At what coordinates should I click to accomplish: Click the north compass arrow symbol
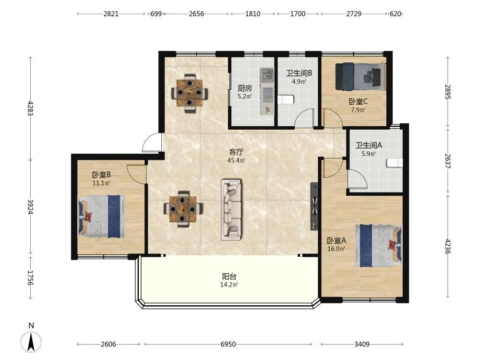pos(31,342)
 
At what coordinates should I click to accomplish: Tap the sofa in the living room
pos(231,210)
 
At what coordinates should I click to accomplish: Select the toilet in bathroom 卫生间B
pos(286,99)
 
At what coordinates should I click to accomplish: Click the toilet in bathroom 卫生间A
pos(395,163)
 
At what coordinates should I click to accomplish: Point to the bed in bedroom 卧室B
pos(102,216)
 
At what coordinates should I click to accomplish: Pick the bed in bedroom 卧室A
pos(378,246)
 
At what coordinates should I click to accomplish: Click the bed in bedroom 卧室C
pos(360,76)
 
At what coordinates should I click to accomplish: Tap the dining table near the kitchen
pos(190,93)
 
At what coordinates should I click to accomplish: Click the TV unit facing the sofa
pos(314,206)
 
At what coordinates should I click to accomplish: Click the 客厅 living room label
pos(236,152)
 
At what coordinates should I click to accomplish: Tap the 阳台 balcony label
pos(229,277)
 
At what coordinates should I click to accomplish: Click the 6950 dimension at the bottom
pos(228,344)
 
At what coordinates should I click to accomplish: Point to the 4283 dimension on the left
pos(30,108)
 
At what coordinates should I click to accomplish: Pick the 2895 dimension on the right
pos(447,92)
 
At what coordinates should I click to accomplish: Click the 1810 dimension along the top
pos(252,14)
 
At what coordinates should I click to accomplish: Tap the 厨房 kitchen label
pos(245,88)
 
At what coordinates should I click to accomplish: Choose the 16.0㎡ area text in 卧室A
pos(336,249)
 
